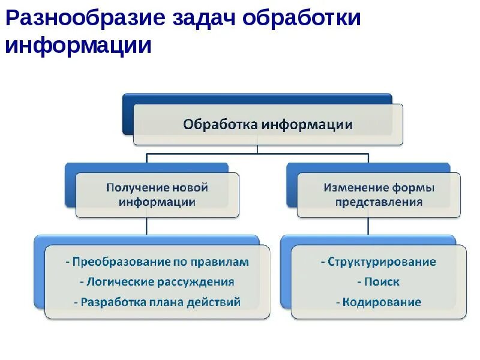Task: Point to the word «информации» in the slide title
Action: tap(79, 46)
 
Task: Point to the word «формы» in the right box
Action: tap(413, 187)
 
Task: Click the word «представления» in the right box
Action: tap(379, 202)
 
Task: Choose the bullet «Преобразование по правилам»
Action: tap(157, 262)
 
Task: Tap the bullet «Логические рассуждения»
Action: tap(157, 282)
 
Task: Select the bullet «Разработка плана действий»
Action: tap(157, 302)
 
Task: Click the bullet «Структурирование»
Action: tap(379, 262)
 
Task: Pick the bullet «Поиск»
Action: tap(379, 282)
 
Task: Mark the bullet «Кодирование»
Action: tap(379, 302)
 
